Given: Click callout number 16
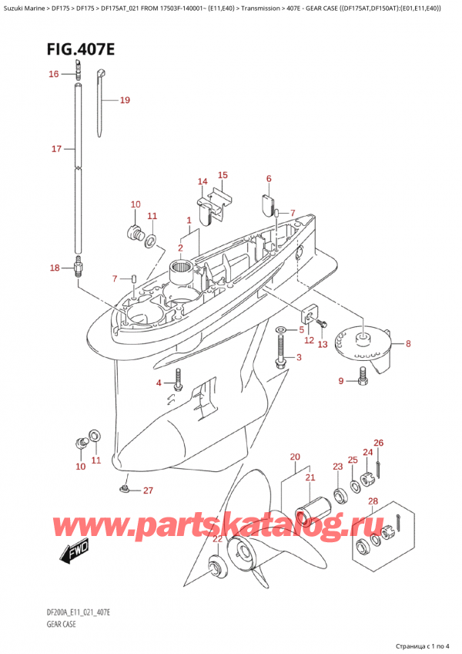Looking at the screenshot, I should pyautogui.click(x=53, y=74).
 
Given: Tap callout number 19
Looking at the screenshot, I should pyautogui.click(x=124, y=100).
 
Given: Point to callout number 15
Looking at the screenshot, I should pyautogui.click(x=223, y=175).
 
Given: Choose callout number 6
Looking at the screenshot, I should pyautogui.click(x=269, y=179).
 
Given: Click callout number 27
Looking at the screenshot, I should pyautogui.click(x=148, y=490).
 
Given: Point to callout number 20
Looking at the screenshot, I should pyautogui.click(x=294, y=457).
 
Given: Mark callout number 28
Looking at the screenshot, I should pyautogui.click(x=373, y=503).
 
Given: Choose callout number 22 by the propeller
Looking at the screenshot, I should pyautogui.click(x=217, y=539).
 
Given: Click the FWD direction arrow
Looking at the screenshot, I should pyautogui.click(x=73, y=552).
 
